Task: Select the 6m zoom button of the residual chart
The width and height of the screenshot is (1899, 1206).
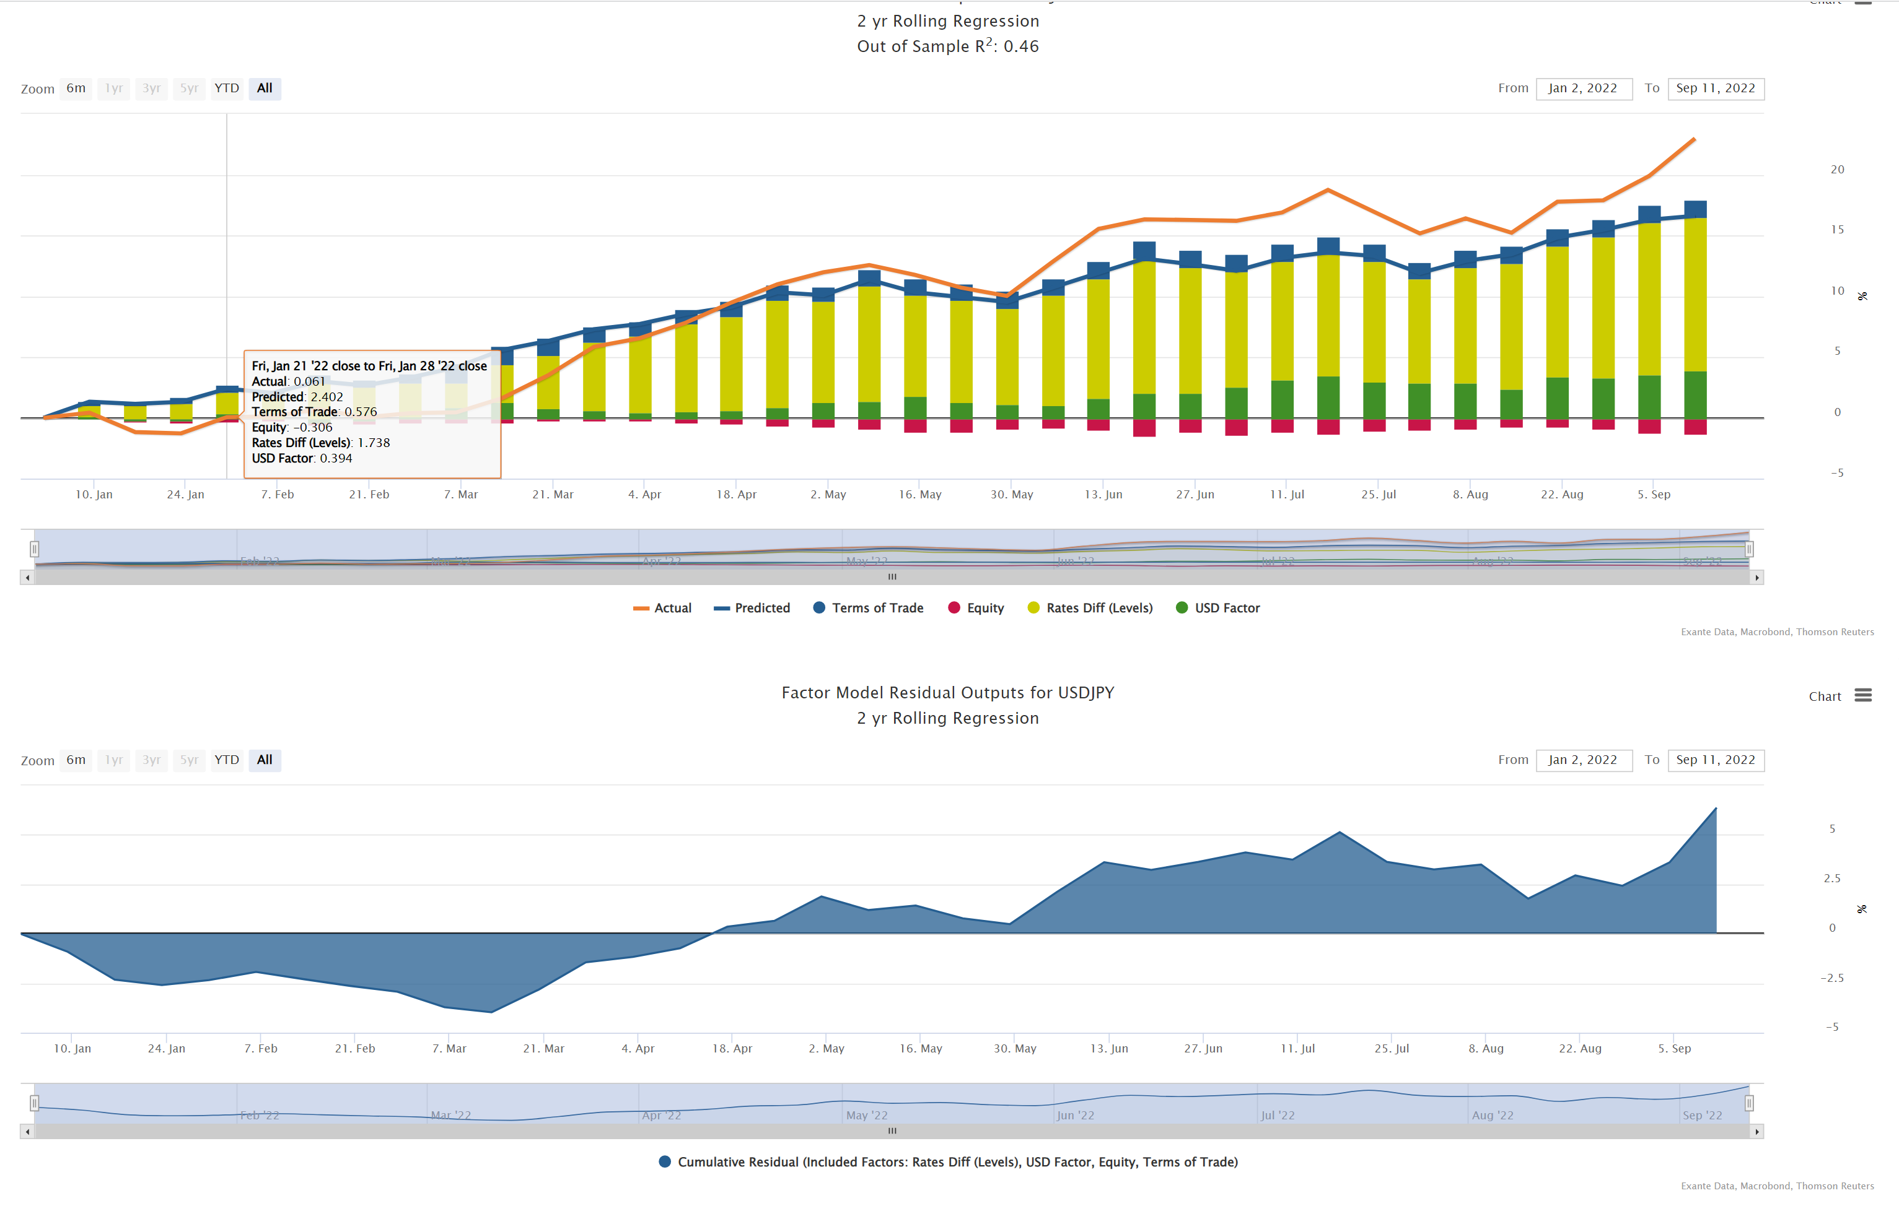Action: [x=76, y=760]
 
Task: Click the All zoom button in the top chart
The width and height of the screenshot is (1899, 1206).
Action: [x=264, y=89]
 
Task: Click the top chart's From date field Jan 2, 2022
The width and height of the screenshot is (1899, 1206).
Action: [x=1583, y=89]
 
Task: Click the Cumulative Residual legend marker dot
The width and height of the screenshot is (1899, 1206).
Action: [x=665, y=1162]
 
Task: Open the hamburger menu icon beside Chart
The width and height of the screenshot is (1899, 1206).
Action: [x=1862, y=695]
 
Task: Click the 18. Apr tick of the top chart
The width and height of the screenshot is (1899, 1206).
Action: [x=736, y=494]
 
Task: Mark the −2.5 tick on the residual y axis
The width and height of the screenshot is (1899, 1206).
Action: [x=1831, y=978]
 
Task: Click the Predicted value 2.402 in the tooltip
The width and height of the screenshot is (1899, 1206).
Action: [x=327, y=396]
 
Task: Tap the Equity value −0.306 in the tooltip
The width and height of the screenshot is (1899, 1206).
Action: [x=312, y=427]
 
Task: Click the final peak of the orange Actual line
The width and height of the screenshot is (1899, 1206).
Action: [x=1694, y=139]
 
